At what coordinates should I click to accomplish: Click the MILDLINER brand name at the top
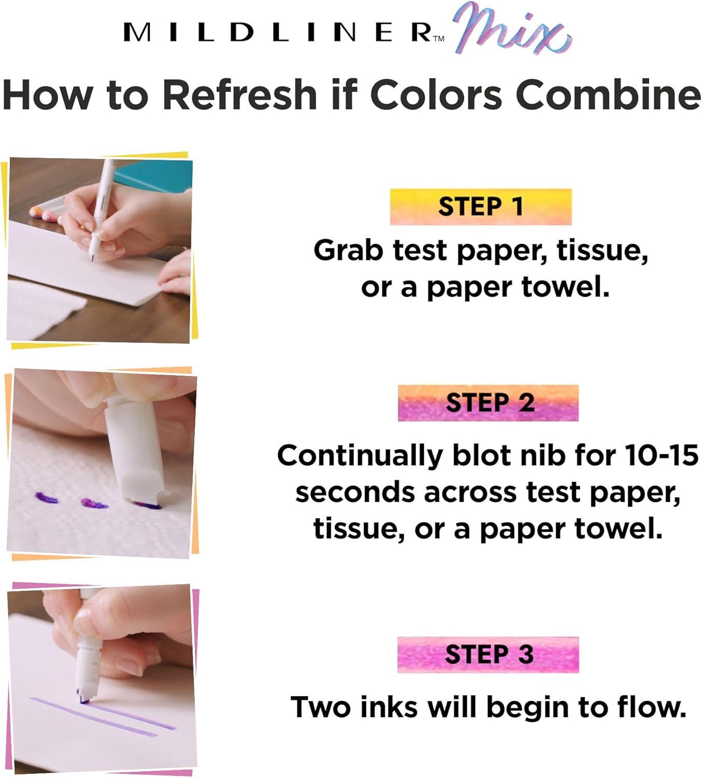tap(277, 33)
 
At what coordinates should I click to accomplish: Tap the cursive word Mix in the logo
tap(511, 34)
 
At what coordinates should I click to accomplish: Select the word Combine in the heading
tap(608, 95)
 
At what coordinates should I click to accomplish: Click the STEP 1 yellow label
tap(480, 206)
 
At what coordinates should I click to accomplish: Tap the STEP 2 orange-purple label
tap(488, 402)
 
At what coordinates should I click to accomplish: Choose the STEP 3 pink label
tap(488, 655)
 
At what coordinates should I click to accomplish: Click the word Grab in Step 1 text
tap(348, 251)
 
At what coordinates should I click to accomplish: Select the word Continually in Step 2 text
tap(360, 455)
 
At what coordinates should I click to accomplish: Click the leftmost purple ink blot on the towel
tap(47, 497)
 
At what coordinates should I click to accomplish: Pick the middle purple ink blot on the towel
tap(94, 504)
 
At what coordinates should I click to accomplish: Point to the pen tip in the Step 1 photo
tap(93, 259)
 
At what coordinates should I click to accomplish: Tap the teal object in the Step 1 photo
tap(155, 177)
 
